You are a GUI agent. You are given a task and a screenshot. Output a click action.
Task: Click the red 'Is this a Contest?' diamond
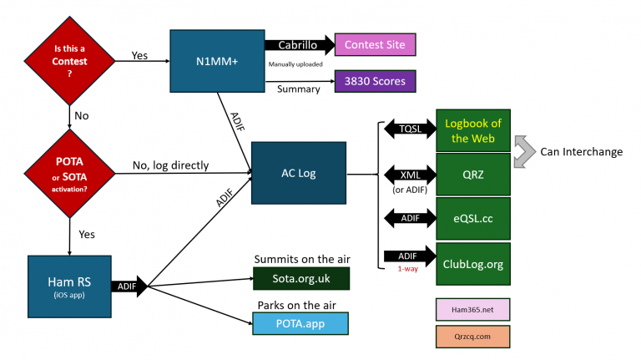coord(69,61)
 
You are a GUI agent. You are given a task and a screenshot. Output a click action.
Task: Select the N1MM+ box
coord(217,61)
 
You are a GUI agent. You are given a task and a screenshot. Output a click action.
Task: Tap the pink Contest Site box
coord(375,44)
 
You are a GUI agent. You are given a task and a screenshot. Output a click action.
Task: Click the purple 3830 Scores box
coord(375,81)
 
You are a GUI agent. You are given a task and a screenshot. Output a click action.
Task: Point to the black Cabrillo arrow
coord(300,45)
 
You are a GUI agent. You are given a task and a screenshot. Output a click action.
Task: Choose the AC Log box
coord(299,173)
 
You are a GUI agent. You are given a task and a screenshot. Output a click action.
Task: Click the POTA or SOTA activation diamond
coord(69,174)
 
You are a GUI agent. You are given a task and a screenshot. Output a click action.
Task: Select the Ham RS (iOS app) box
coord(69,286)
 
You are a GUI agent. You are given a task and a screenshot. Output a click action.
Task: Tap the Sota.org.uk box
coord(301,279)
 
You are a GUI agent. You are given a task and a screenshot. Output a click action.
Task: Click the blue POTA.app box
coord(300,323)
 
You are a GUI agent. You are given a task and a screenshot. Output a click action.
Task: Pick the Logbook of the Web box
coord(473,130)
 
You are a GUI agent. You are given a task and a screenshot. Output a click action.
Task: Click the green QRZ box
coord(473,175)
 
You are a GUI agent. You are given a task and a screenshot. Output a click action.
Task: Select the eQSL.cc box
coord(473,219)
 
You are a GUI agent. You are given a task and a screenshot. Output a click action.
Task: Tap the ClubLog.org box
coord(473,264)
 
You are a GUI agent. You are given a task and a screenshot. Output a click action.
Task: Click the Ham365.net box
coord(472,310)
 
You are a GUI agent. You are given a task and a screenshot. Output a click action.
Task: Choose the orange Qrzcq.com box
coord(472,337)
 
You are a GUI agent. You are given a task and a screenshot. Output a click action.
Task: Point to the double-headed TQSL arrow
coord(410,129)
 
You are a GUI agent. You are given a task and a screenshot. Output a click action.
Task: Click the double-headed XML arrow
coord(410,175)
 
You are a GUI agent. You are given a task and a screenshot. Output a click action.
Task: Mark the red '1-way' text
coord(408,269)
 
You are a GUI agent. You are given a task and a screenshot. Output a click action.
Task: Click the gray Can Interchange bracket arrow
coord(525,152)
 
